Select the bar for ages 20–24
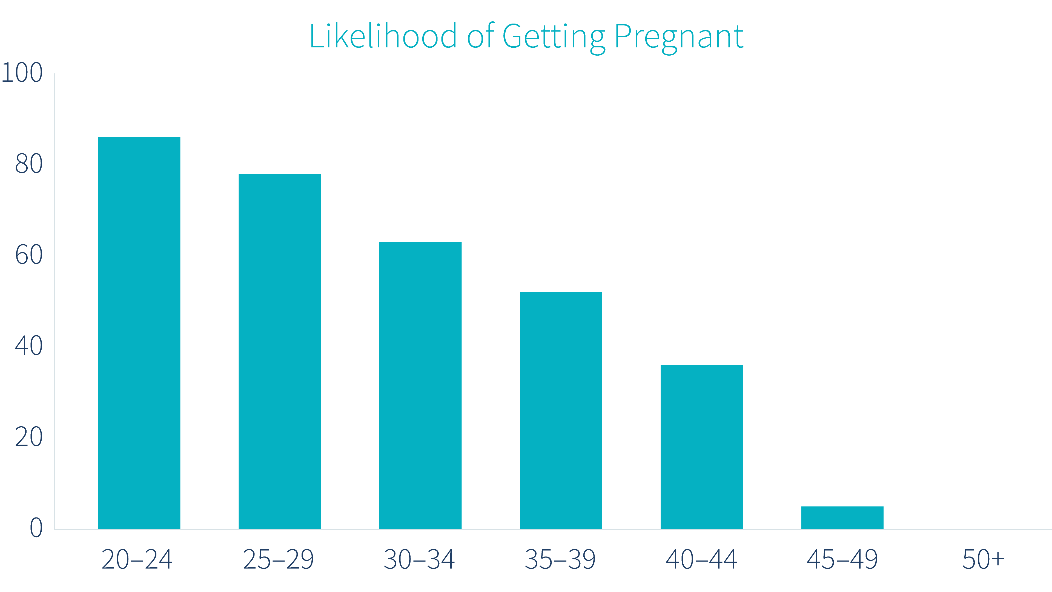(139, 333)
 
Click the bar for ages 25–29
(280, 351)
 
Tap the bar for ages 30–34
(420, 385)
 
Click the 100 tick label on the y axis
(22, 73)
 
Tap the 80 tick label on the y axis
(28, 164)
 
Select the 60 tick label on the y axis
(28, 255)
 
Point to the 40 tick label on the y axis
(28, 346)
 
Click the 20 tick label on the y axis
(28, 437)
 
